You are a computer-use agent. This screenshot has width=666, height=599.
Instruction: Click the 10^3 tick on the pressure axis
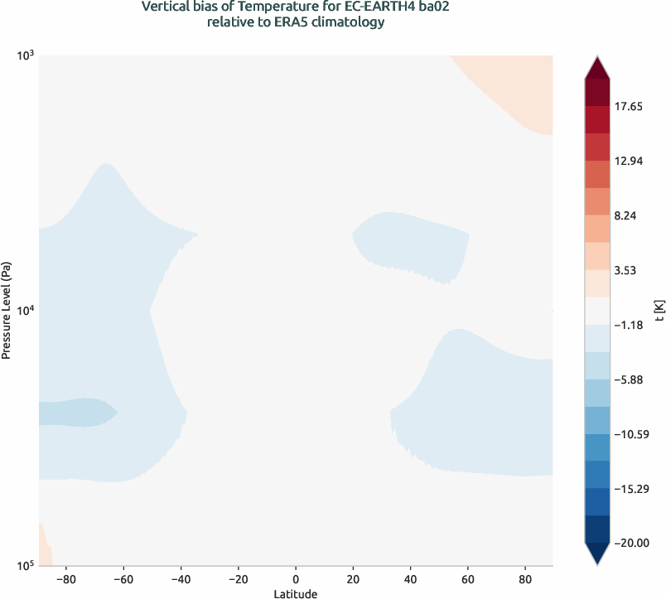pos(25,56)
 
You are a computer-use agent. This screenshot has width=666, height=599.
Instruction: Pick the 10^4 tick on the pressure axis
pos(25,311)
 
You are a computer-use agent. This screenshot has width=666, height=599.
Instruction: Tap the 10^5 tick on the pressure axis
pos(25,566)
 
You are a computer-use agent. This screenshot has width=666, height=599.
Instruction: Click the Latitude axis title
pos(296,593)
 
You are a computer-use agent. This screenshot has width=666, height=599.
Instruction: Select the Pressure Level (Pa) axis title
pos(7,311)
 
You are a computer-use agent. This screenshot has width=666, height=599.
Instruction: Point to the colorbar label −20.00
pos(634,543)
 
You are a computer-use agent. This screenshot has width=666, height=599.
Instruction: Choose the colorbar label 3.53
pos(630,270)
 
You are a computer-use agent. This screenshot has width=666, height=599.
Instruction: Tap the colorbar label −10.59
pos(634,434)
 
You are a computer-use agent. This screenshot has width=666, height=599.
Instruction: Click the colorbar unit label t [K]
pos(659,311)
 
